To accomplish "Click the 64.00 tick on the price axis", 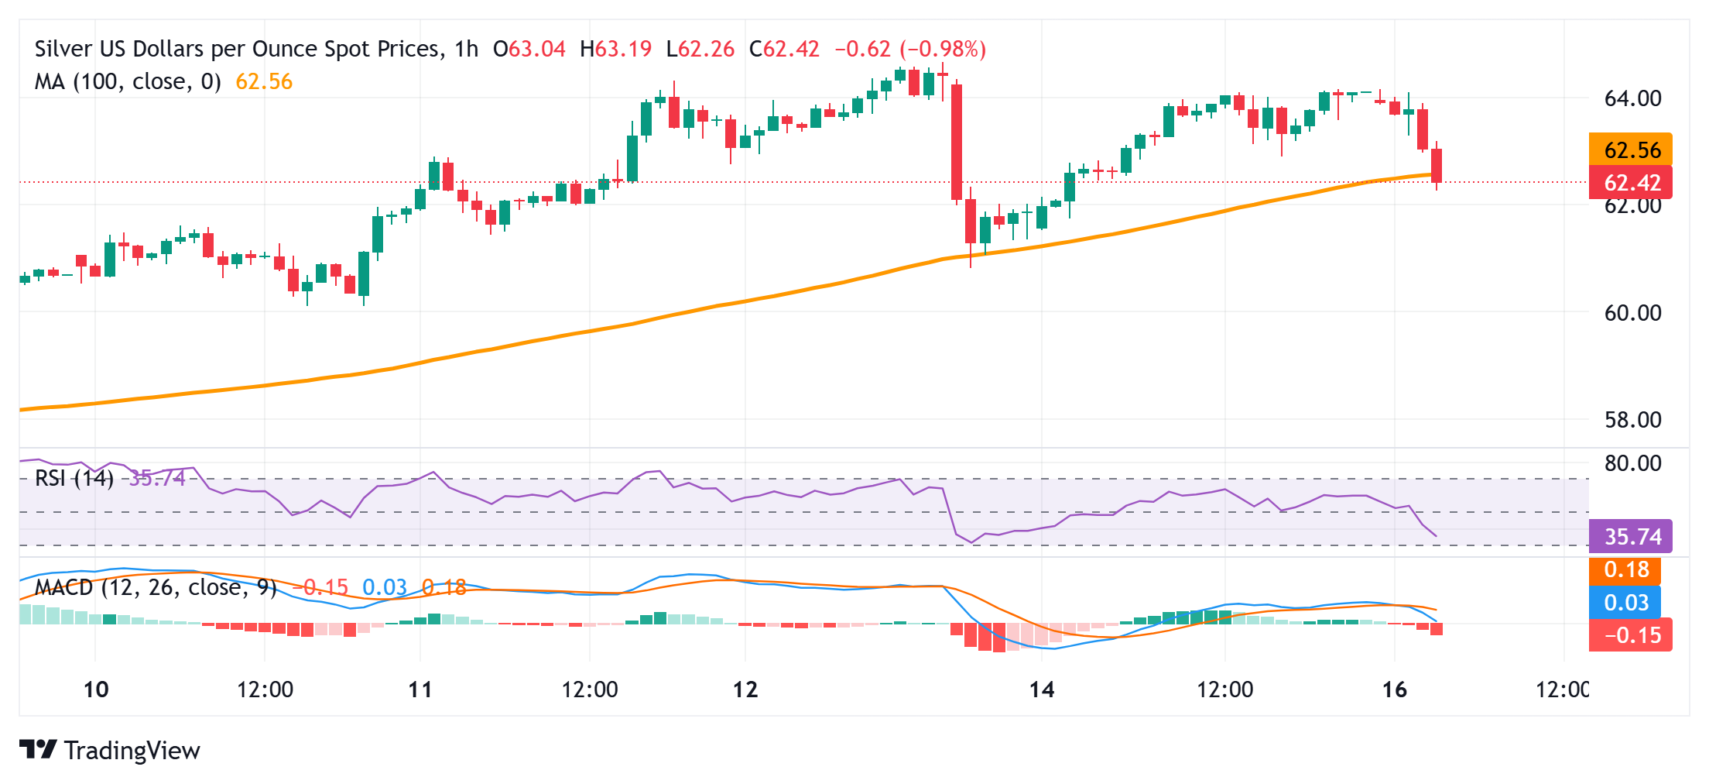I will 1632,99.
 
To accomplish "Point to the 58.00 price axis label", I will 1632,420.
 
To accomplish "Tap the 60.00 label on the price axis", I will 1632,313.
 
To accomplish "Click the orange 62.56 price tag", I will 1631,150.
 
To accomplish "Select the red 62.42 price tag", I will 1631,183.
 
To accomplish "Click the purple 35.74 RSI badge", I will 1631,536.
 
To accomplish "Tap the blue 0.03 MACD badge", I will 1625,603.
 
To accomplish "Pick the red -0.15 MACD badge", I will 1631,635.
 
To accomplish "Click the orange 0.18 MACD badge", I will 1625,570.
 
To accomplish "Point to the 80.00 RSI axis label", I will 1632,463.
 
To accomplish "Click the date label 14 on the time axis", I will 1042,689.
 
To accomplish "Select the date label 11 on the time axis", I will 420,689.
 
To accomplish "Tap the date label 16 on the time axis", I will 1394,689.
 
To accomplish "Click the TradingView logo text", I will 132,751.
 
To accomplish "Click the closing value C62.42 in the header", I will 784,49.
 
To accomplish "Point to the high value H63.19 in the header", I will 615,49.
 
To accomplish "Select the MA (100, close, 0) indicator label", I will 128,81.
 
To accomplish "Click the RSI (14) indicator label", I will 74,478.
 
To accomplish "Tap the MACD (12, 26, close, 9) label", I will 156,587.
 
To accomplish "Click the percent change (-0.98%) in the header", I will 943,49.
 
